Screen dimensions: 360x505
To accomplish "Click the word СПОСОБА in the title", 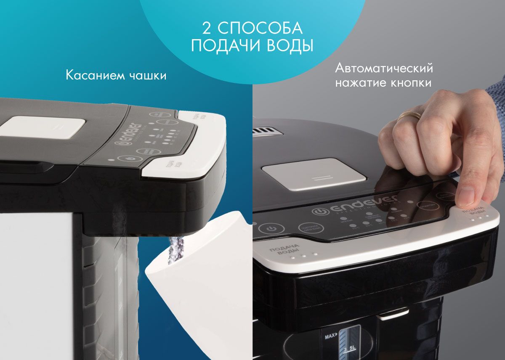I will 260,29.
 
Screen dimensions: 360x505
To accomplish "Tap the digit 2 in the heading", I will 207,29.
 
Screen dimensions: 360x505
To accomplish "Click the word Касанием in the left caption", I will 95,76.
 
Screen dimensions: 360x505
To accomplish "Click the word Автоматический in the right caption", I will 384,68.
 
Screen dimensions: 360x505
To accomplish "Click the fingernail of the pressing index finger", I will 466,196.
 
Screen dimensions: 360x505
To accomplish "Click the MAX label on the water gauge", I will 329,336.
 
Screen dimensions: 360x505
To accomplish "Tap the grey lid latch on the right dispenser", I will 314,175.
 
